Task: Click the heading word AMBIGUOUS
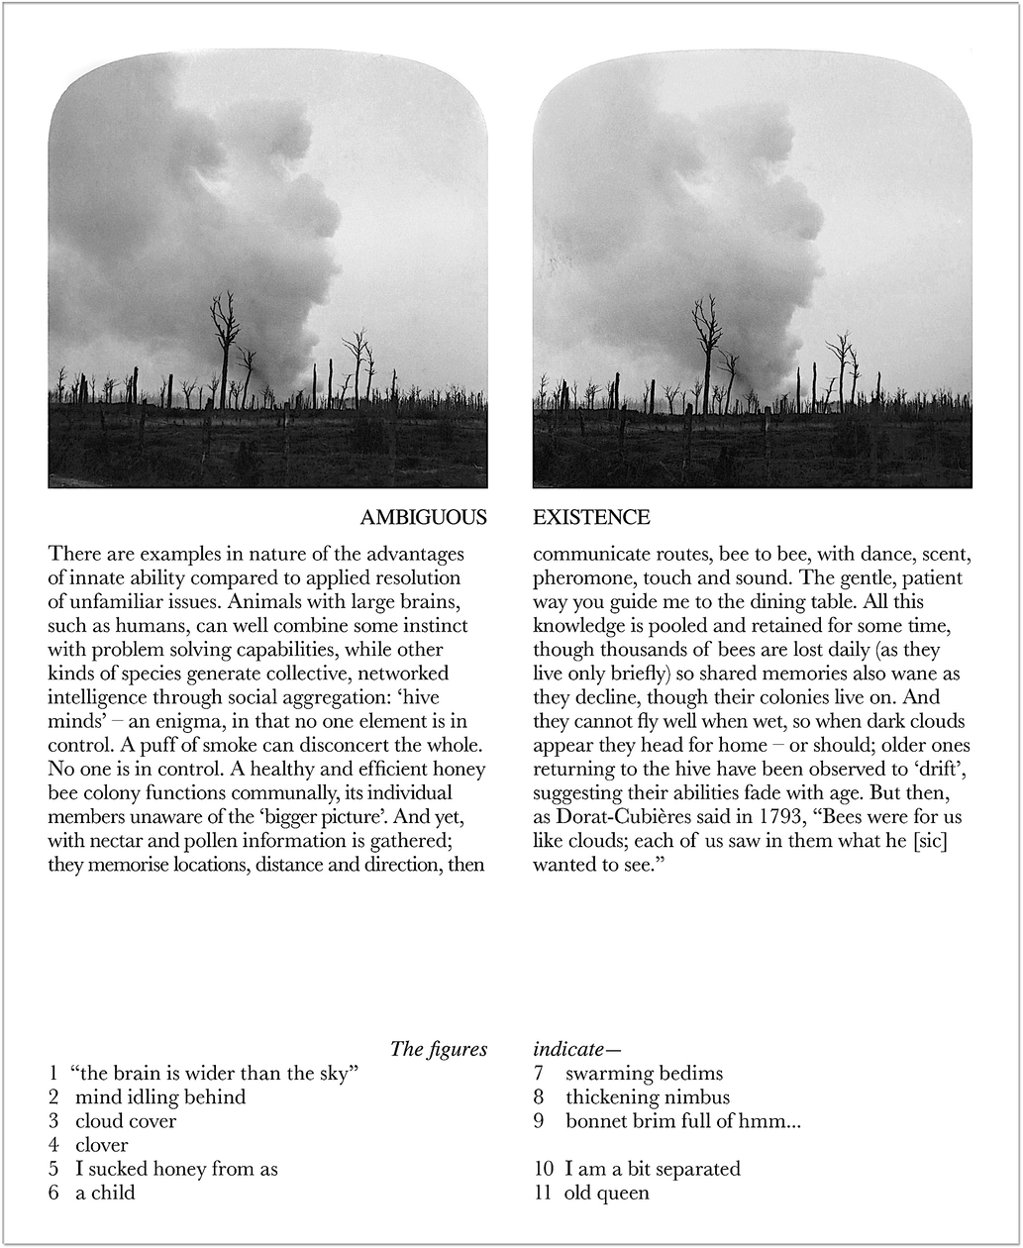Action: (423, 518)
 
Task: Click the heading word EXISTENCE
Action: (591, 518)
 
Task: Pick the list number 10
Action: (544, 1169)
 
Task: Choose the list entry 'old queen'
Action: (607, 1193)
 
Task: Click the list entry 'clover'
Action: (102, 1145)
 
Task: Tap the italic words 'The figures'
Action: (439, 1049)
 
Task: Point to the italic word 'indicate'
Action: (568, 1049)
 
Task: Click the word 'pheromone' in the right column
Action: (576, 578)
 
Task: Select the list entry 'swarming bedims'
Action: (644, 1074)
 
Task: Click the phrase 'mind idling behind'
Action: (160, 1097)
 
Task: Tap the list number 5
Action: (53, 1169)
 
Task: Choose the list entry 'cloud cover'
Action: (126, 1121)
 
